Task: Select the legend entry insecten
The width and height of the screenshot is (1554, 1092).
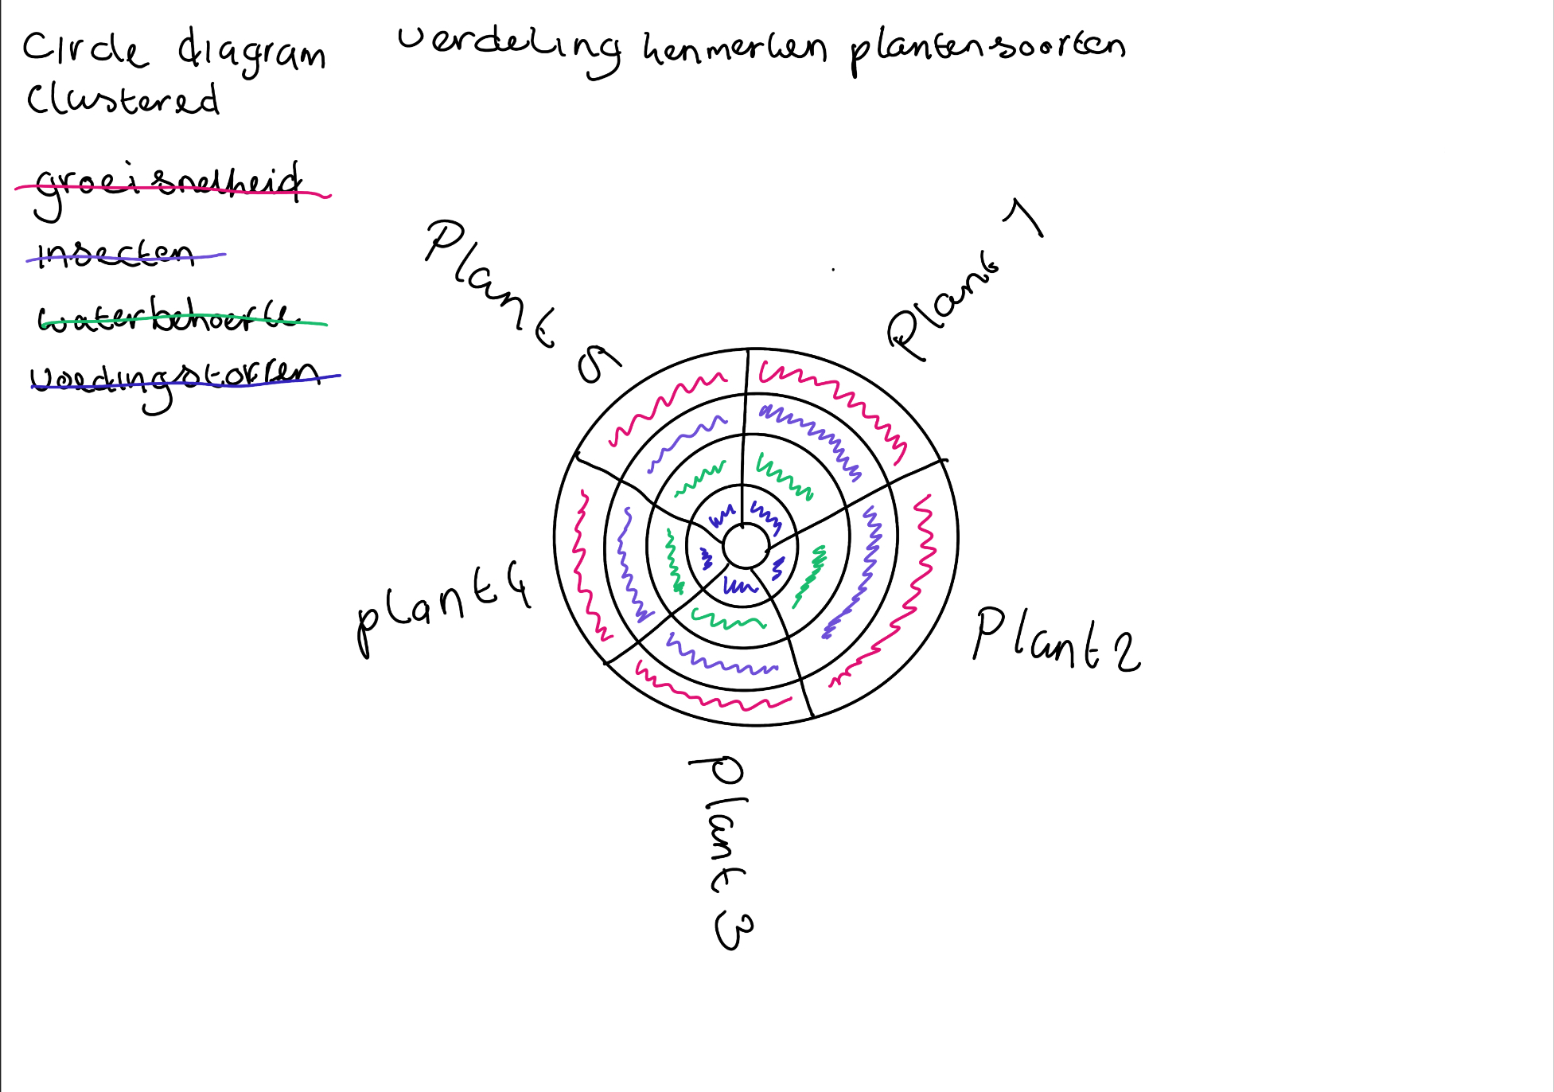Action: click(116, 254)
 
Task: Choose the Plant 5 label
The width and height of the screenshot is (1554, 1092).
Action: click(517, 298)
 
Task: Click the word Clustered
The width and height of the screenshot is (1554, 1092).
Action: click(123, 100)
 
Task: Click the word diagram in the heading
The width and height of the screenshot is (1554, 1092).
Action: click(251, 53)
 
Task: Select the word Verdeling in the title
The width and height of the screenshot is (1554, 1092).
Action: click(509, 48)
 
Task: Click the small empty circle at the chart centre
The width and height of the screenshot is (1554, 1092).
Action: click(746, 546)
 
